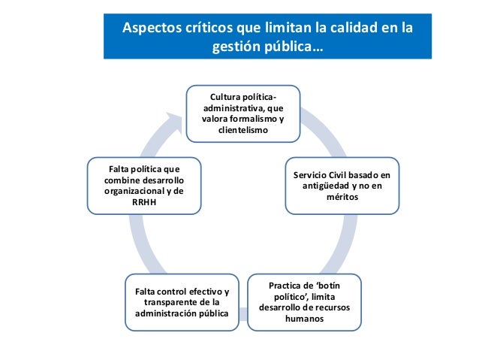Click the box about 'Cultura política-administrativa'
[x=243, y=115]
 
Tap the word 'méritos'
[x=342, y=197]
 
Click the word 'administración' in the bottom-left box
[x=163, y=313]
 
